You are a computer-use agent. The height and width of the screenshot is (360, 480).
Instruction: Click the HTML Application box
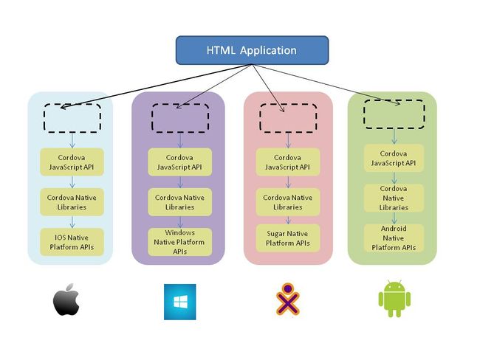251,50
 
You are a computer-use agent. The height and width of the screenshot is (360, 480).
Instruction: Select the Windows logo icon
179,302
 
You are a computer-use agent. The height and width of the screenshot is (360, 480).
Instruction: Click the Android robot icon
394,299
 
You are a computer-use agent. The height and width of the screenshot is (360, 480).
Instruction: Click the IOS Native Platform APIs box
71,240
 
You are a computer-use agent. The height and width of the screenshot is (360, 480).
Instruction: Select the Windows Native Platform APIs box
179,242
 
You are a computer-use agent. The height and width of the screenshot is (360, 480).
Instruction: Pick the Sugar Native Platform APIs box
289,238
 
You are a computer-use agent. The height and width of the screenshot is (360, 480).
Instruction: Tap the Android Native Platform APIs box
394,238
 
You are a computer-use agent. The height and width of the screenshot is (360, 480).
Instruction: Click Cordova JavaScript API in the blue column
71,162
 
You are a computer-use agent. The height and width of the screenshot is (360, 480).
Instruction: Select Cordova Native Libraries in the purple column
179,202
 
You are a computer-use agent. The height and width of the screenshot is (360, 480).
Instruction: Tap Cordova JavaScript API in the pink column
287,162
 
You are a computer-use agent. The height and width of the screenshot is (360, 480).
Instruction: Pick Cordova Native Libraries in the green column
394,198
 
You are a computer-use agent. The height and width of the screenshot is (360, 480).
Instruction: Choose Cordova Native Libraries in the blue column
71,202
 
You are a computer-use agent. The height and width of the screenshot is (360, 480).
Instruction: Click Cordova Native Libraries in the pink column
287,202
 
